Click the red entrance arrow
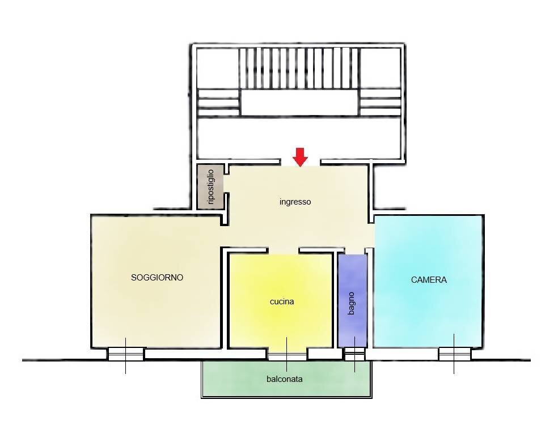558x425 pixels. [301, 157]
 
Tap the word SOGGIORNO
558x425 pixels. [157, 278]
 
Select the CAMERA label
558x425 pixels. [429, 280]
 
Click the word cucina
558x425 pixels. [282, 301]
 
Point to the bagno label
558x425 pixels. [351, 303]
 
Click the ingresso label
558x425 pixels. [295, 202]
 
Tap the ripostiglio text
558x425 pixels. [210, 186]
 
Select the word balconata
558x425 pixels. [284, 379]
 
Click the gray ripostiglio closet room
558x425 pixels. [210, 186]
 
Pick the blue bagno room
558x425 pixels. [352, 300]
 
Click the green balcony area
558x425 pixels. [286, 379]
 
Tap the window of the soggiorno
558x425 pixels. [126, 354]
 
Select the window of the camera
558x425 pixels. [454, 354]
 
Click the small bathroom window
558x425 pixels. [355, 354]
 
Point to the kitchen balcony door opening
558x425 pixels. [287, 354]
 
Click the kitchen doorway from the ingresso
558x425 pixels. [284, 250]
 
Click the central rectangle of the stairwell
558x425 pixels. [299, 103]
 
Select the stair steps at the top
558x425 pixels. [299, 68]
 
